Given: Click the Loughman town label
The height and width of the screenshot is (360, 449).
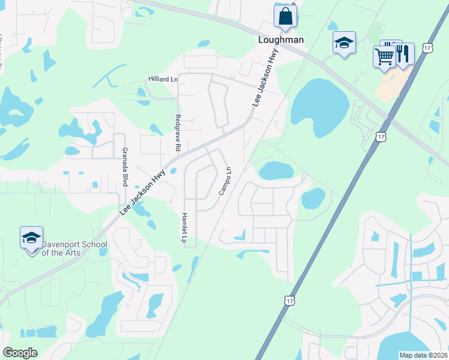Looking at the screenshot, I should coord(281,40).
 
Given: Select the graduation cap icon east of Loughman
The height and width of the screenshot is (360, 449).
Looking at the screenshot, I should coord(344,43).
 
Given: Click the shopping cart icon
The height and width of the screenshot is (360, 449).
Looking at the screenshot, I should coord(384,56).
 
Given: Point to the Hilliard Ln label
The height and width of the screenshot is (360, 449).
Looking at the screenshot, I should coord(163,79).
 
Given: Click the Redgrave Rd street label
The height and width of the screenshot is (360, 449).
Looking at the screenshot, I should coord(178,132).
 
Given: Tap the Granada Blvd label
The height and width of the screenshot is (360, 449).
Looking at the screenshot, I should coord(125,167).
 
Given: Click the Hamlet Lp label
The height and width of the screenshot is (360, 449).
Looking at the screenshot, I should coord(184,227).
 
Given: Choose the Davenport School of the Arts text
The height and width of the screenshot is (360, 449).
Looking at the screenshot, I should coord(74,248).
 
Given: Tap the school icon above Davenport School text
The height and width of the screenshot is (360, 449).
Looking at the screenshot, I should coord(31,238).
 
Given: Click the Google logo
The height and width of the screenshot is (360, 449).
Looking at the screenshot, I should coord(20,353).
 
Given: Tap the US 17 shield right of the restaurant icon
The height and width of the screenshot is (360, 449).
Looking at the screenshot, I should coord(426,47).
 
